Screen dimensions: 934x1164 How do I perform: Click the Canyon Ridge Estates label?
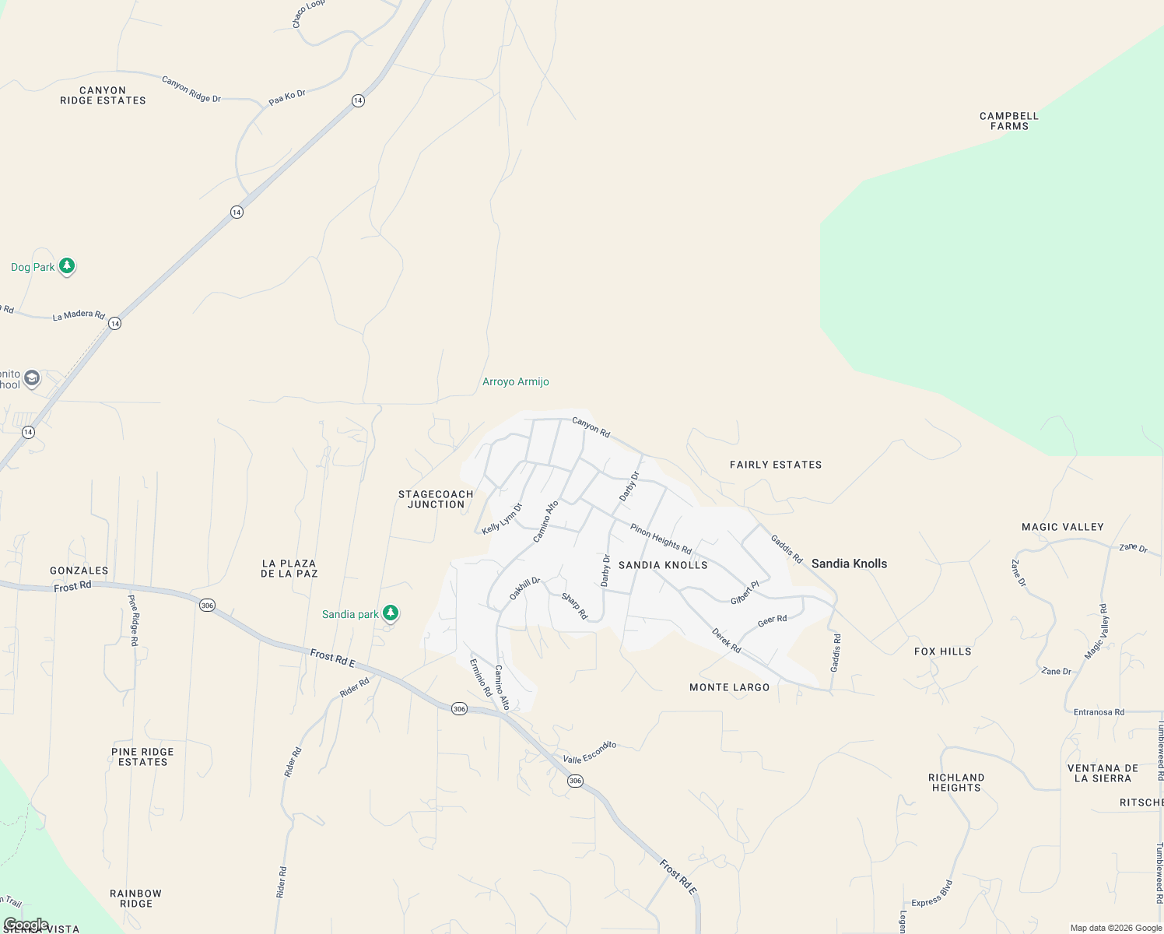point(103,96)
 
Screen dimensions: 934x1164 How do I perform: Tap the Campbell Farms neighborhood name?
point(1009,121)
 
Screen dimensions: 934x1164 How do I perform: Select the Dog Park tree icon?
point(67,266)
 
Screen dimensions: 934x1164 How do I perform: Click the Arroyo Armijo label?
point(515,381)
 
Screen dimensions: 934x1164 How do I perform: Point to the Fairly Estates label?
point(776,465)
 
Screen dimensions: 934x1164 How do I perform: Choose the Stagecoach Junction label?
point(436,499)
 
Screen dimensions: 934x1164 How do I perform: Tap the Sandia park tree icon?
point(391,613)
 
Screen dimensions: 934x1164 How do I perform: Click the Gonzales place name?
point(79,571)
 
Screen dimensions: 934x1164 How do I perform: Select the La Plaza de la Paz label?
point(289,568)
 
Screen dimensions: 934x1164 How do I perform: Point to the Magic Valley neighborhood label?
point(1062,527)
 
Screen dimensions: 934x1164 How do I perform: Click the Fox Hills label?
point(942,651)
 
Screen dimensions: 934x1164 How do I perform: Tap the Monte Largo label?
point(729,687)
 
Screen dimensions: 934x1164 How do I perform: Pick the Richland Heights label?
point(956,782)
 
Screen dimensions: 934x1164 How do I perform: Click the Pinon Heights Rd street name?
point(661,539)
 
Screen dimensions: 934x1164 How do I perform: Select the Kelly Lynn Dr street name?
point(502,519)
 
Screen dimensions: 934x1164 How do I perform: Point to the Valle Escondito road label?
point(589,753)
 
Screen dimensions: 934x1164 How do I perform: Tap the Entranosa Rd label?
point(1099,712)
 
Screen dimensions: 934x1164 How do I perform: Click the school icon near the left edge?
point(32,378)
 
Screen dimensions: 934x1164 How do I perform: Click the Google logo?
point(26,925)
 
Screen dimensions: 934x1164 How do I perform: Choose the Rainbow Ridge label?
point(136,898)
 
